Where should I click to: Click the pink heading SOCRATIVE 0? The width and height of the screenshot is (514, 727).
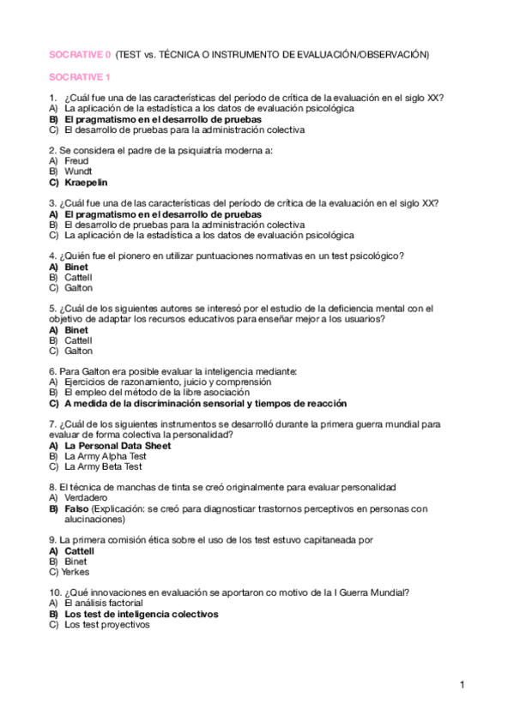tap(79, 54)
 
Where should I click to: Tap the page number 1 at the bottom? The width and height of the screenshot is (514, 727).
tap(463, 684)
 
